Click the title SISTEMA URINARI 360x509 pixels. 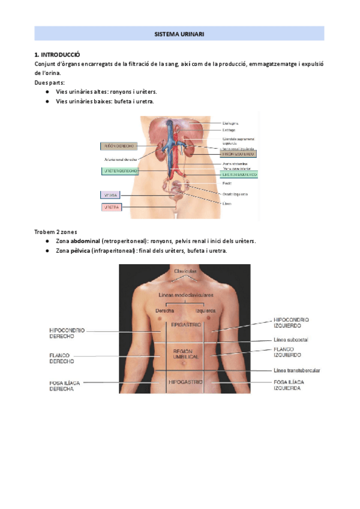pos(179,34)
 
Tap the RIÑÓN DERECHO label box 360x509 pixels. pos(119,145)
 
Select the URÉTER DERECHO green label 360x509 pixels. pos(119,171)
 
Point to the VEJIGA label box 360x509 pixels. pos(111,195)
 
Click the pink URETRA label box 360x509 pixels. pos(111,207)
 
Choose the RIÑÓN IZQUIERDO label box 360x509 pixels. pos(239,154)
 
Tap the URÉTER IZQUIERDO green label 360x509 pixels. pos(239,175)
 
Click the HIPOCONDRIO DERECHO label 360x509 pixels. pos(67,333)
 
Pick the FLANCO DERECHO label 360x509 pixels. pos(62,358)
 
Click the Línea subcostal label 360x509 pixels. pos(291,340)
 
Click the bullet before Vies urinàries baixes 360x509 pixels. pos(47,101)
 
